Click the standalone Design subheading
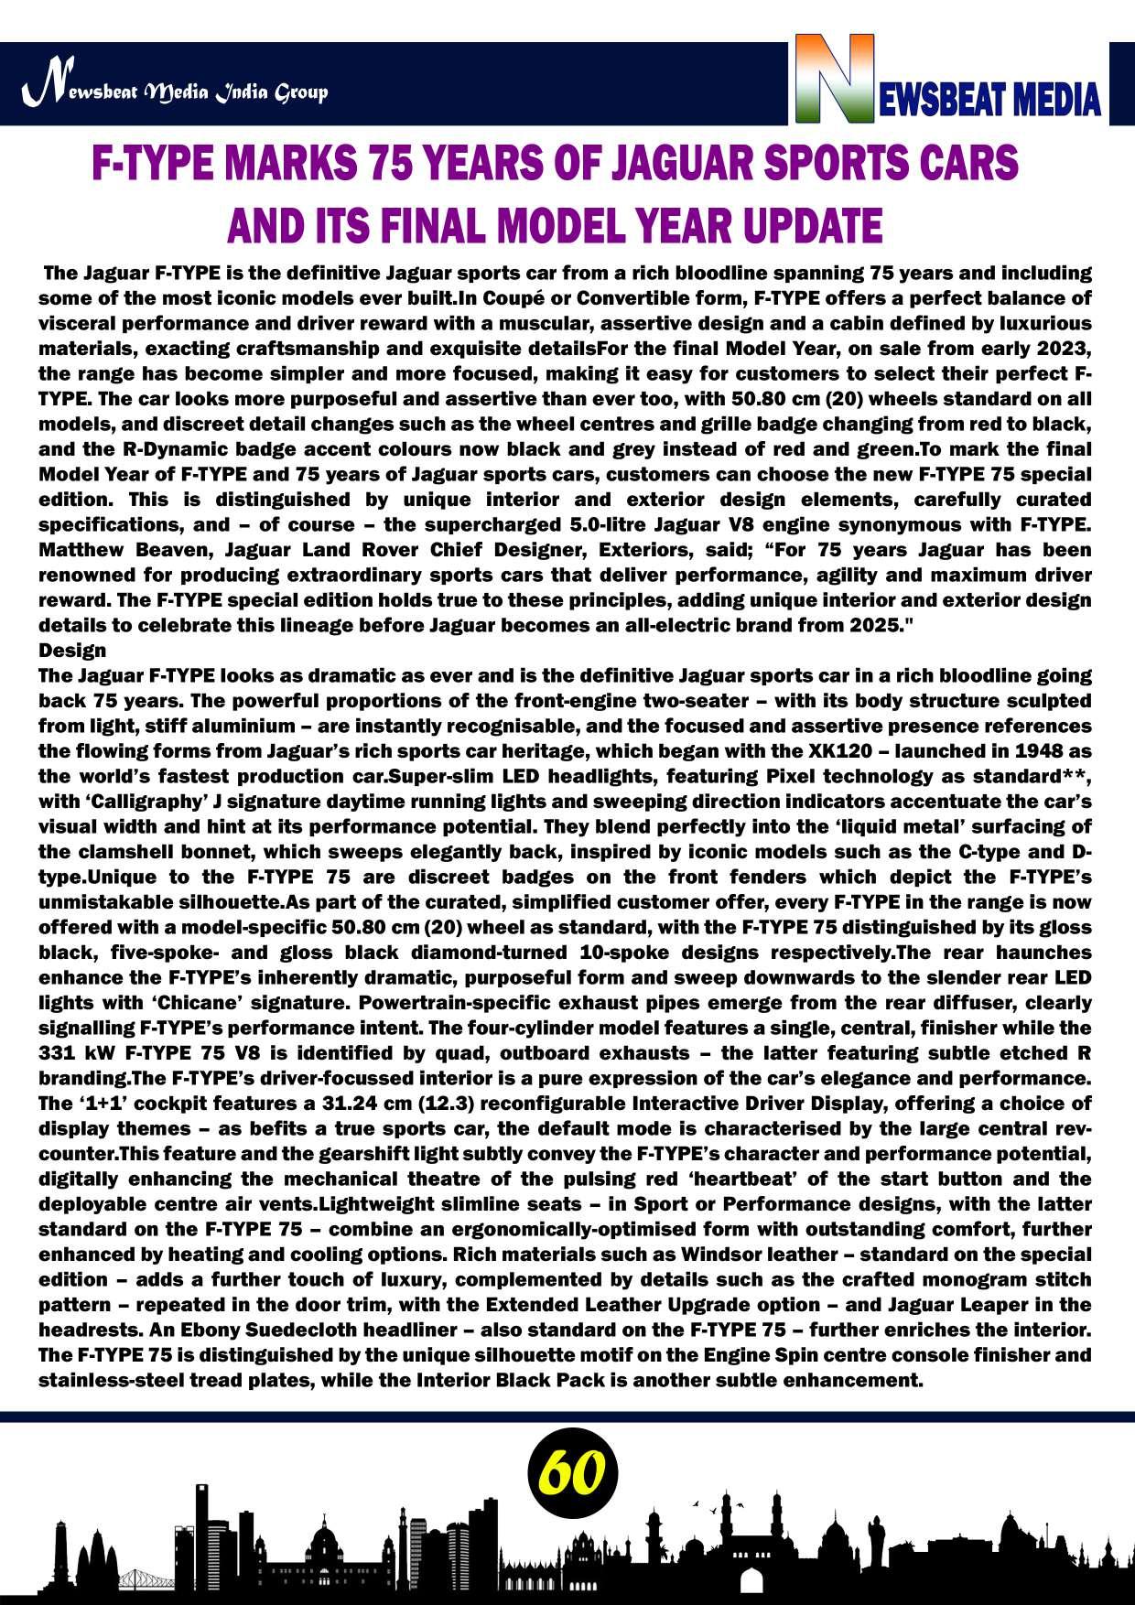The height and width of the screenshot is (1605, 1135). click(72, 651)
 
